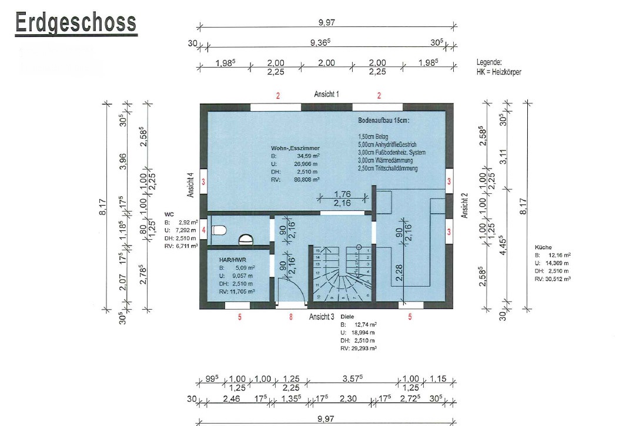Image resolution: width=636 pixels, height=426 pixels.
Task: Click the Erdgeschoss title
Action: pos(75,23)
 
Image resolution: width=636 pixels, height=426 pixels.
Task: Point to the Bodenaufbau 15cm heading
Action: pos(383,120)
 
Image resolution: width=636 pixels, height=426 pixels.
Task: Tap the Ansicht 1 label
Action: pos(326,94)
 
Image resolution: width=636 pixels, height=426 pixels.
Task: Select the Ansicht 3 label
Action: pos(322,317)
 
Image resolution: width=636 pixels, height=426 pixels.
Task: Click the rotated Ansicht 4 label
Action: pos(190,185)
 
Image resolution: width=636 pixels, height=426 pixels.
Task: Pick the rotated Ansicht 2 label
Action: pos(464,205)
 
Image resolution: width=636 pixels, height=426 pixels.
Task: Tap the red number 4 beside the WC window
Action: pos(203,231)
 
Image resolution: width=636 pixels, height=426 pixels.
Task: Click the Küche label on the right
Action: pos(543,247)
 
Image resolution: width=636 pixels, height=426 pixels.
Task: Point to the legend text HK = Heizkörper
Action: pos(498,72)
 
